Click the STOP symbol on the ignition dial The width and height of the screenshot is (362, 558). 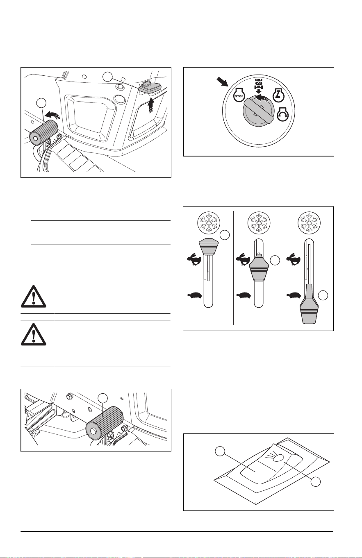point(239,95)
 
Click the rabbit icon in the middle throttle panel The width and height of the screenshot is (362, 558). point(243,259)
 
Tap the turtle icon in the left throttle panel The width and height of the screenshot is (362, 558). point(194,295)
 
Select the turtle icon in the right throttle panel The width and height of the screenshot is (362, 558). point(294,295)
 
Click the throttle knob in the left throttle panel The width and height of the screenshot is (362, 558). point(208,247)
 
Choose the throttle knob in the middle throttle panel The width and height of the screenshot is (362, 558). point(259,269)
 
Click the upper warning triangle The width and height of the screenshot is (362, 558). point(33,296)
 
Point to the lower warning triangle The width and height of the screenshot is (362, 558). point(33,334)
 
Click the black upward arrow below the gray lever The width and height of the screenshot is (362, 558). point(150,105)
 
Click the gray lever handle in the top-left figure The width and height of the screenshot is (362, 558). point(150,86)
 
